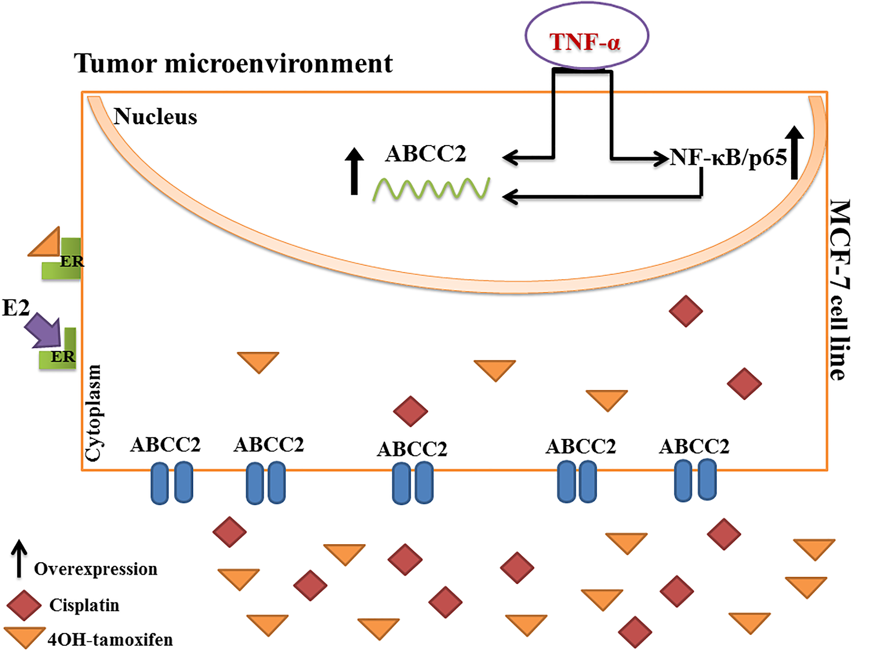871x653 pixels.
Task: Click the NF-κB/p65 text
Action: pyautogui.click(x=728, y=157)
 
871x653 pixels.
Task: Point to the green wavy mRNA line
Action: pyautogui.click(x=431, y=189)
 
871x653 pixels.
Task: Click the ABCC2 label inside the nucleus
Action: pyautogui.click(x=425, y=154)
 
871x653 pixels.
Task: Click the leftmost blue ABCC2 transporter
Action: pyautogui.click(x=172, y=483)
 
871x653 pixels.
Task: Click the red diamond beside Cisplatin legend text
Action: pyautogui.click(x=24, y=605)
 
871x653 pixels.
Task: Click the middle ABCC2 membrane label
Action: pyautogui.click(x=412, y=449)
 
